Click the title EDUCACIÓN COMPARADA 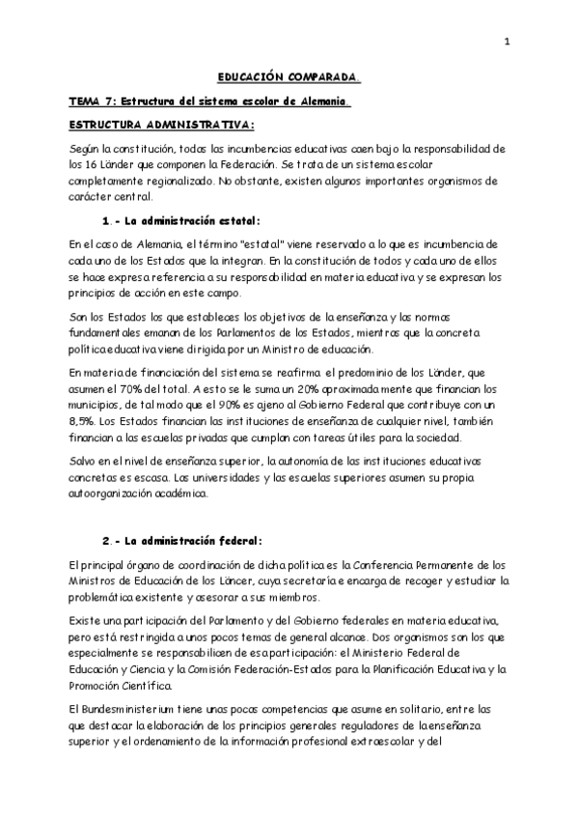coord(289,74)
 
